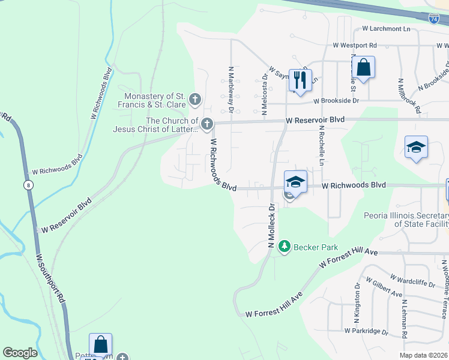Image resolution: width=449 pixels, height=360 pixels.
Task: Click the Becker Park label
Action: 316,247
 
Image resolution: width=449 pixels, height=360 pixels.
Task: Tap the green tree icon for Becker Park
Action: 285,246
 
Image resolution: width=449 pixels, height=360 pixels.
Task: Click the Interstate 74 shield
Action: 434,19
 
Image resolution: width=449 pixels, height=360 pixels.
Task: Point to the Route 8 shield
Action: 28,184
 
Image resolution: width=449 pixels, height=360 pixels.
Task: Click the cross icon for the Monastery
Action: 194,98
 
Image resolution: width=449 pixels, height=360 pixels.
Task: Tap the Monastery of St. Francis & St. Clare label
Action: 154,100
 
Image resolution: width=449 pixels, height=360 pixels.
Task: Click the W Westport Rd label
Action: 355,45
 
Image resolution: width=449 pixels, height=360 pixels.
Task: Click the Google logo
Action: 20,353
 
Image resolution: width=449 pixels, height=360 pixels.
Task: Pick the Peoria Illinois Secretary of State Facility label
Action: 406,220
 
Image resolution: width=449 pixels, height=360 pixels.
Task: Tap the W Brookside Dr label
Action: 339,101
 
